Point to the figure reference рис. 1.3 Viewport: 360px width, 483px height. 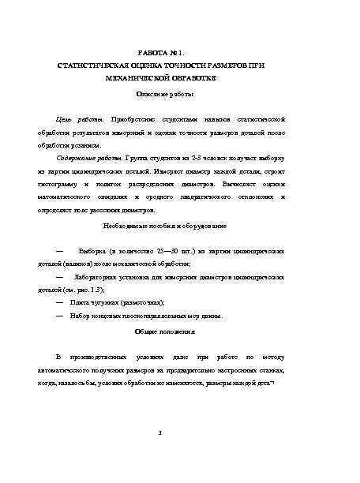[x=91, y=290]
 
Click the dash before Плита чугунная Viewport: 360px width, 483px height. [x=61, y=304]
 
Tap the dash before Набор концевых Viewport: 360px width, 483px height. [x=61, y=316]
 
